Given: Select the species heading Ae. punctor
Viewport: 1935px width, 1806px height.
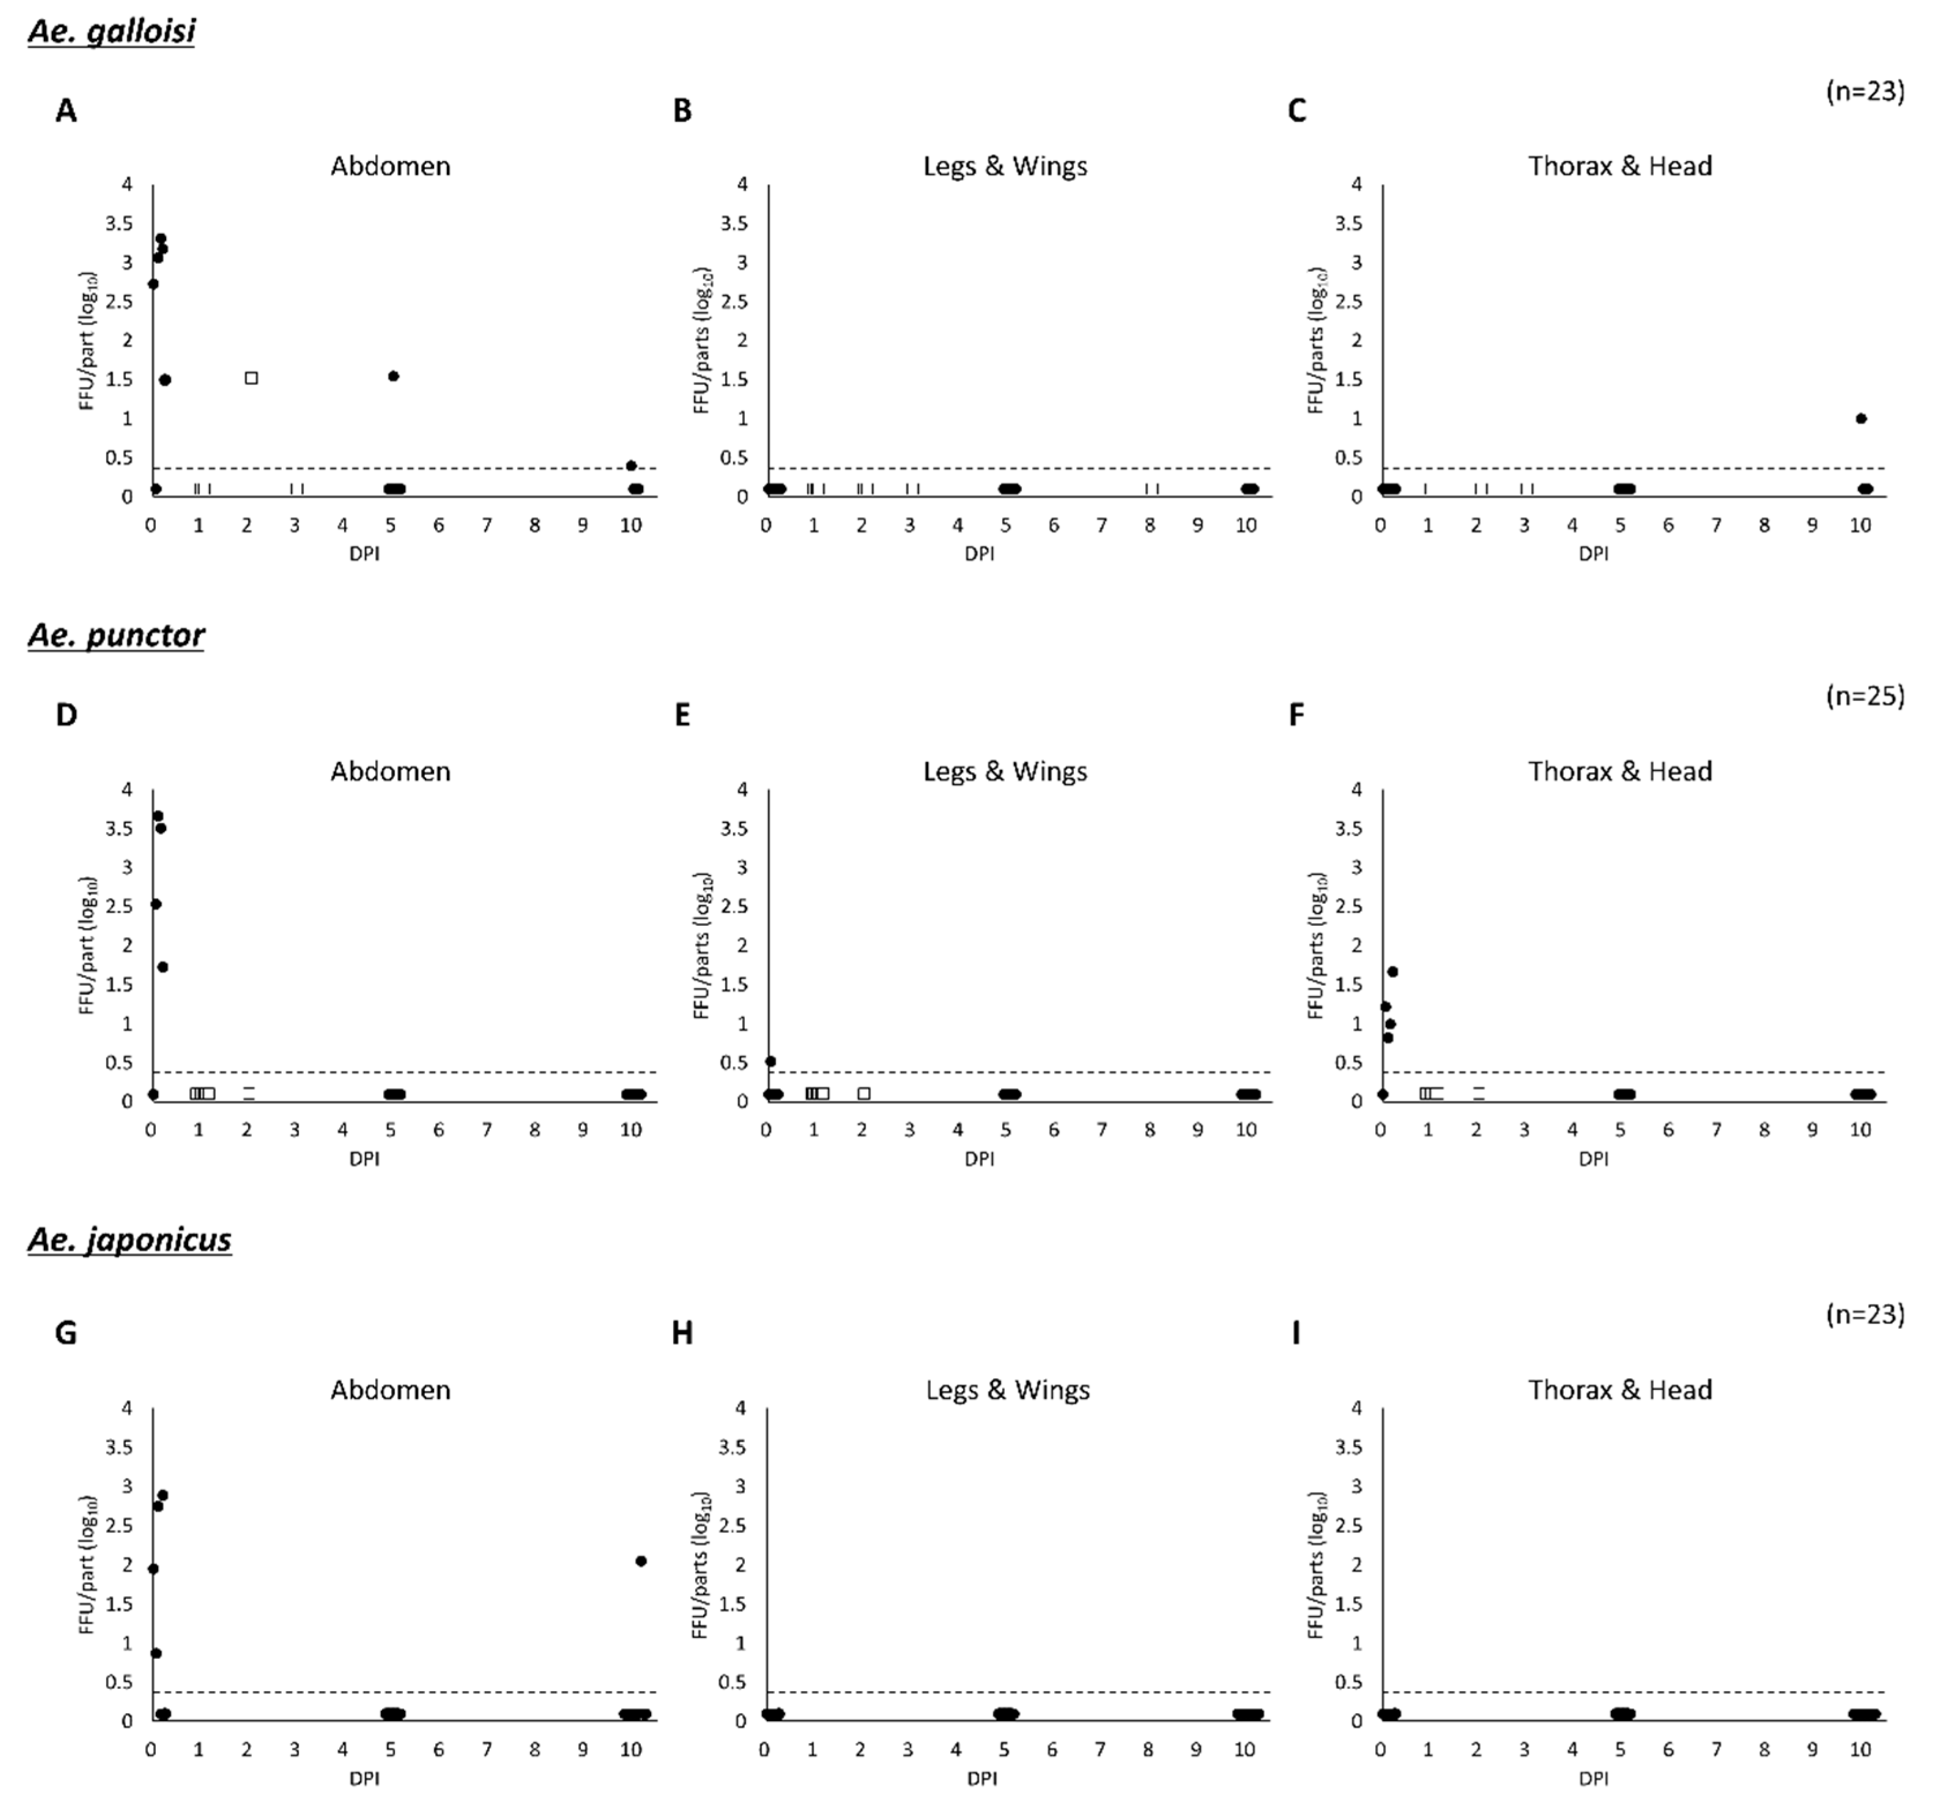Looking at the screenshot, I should [116, 635].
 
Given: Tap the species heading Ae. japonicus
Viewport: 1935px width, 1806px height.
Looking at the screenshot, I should [129, 1240].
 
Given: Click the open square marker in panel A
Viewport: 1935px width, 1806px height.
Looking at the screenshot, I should [251, 377].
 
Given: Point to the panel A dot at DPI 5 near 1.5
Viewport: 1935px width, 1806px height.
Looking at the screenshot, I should [393, 376].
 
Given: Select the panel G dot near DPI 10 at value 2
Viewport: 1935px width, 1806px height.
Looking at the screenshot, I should [640, 1561].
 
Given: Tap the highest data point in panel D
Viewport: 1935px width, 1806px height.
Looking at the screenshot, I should [158, 816].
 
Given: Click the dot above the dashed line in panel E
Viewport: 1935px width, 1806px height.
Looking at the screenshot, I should [770, 1061].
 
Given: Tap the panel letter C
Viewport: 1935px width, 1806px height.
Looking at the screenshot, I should [1297, 111].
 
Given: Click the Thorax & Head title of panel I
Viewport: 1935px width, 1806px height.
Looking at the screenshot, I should [1620, 1389].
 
